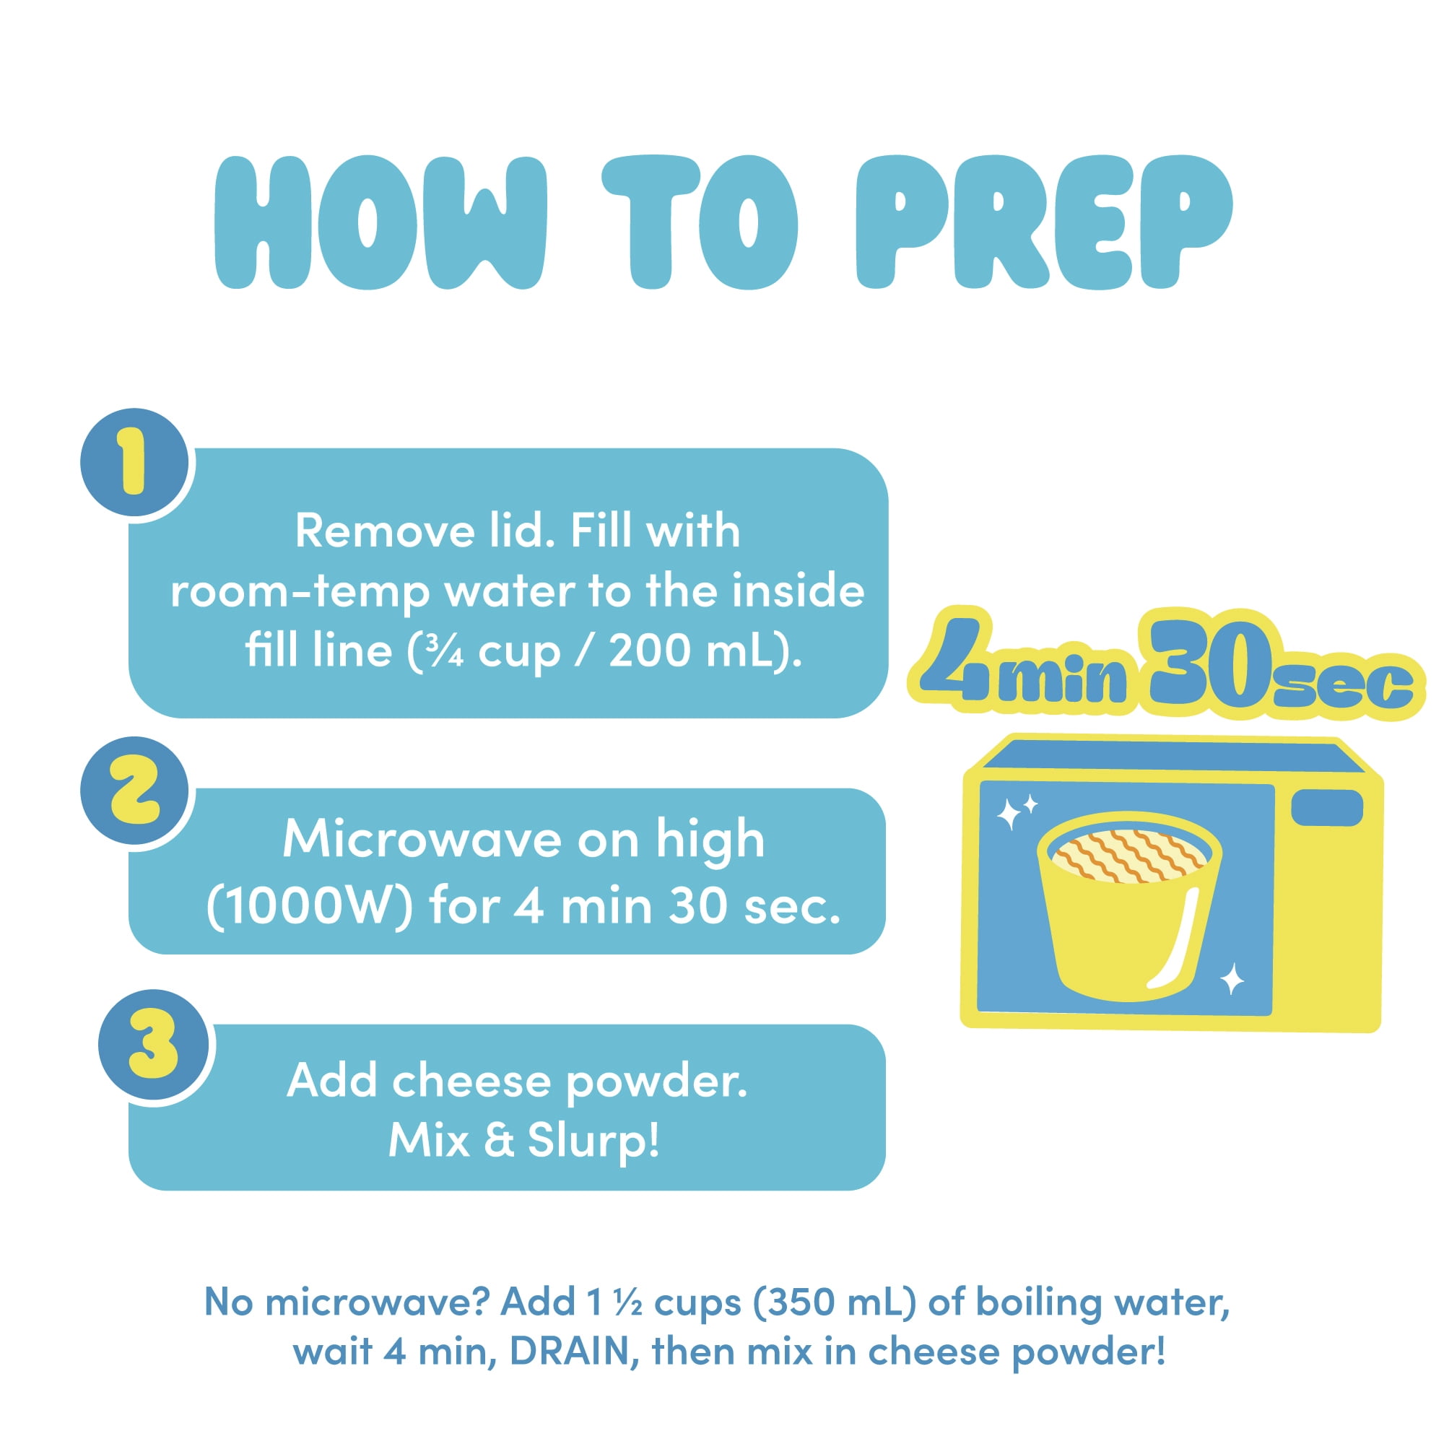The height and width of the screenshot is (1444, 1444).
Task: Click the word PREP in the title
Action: coord(1043,222)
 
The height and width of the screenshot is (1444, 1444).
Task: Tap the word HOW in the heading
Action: coord(381,222)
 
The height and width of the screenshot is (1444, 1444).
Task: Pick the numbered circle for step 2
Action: coord(135,790)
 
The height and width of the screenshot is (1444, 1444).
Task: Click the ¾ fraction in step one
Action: coord(445,652)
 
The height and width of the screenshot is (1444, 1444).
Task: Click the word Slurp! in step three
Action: coord(594,1141)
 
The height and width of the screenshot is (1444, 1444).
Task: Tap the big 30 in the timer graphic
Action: coord(1211,664)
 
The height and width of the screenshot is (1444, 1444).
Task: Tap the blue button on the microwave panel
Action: coord(1326,808)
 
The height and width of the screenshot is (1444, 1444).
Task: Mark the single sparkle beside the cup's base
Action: coord(1232,979)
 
